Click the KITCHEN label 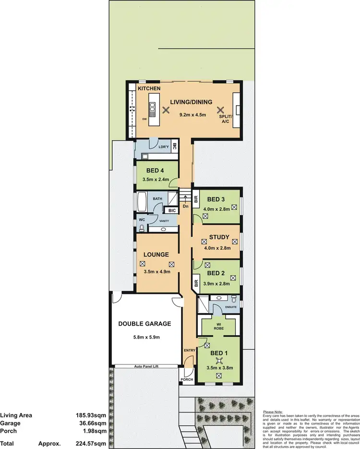coord(149,89)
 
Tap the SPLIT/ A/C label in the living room coord(225,119)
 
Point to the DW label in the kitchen coord(144,119)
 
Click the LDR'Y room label coord(164,146)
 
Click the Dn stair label coord(185,206)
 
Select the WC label coord(142,220)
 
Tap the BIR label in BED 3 coord(195,198)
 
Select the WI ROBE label coord(218,327)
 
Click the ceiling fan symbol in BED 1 coord(219,361)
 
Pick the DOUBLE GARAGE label coord(144,324)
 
